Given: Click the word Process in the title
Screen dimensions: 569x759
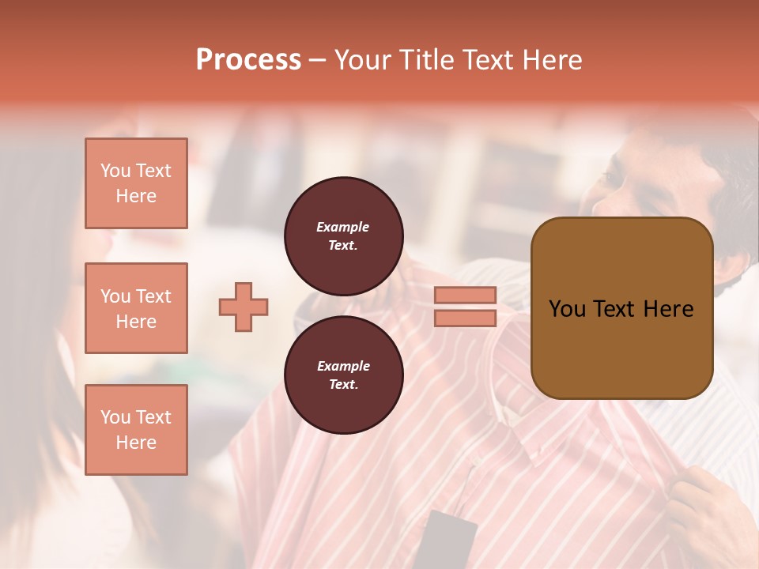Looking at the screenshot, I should point(248,60).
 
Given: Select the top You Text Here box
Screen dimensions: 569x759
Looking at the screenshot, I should point(136,183).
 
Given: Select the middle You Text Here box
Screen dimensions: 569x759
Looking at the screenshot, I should point(136,308).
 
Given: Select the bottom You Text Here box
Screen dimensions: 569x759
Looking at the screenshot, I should point(136,429).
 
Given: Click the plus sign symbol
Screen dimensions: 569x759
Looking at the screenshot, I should point(244,307).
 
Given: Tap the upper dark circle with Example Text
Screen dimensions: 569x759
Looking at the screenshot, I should point(344,236).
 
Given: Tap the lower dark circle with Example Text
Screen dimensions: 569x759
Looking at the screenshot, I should point(344,375).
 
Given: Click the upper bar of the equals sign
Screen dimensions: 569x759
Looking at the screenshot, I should point(465,296).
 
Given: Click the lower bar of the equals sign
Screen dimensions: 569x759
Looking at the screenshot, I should point(465,318).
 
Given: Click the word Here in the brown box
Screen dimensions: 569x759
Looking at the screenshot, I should point(668,309).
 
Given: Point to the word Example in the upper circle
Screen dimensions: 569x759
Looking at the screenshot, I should point(343,227).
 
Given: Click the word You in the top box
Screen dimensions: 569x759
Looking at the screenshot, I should point(115,171).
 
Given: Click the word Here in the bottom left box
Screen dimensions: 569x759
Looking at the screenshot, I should point(136,443).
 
